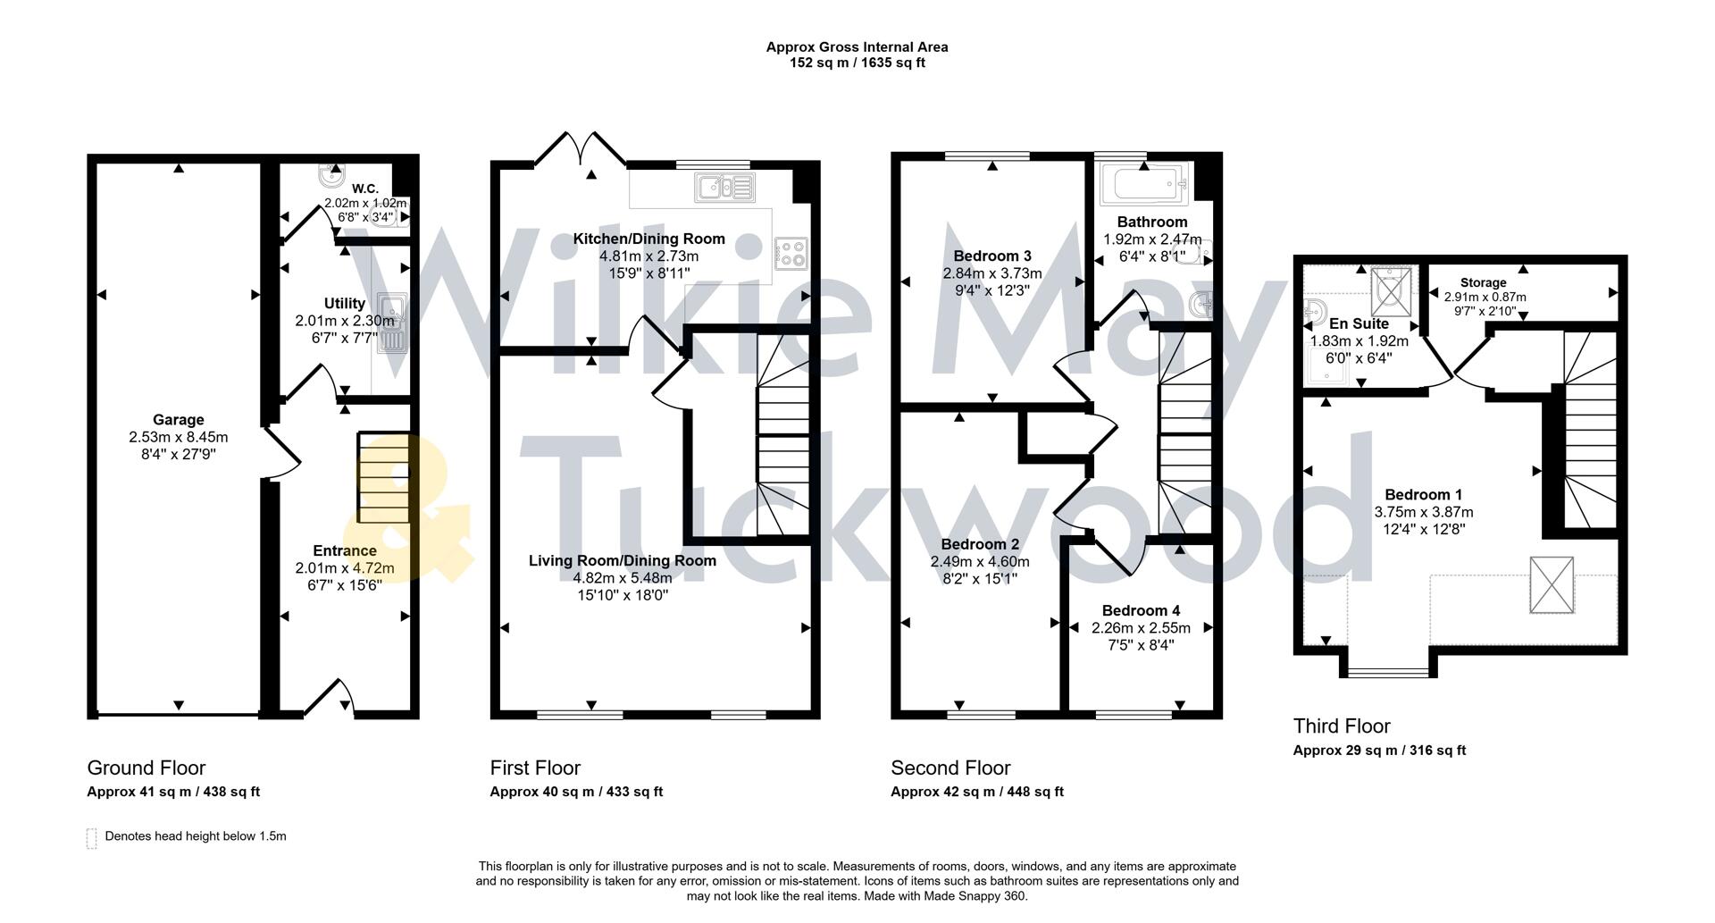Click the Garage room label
(x=179, y=420)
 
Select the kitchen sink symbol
(x=724, y=188)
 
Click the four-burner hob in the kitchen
(x=791, y=253)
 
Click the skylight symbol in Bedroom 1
(x=1552, y=585)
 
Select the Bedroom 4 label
(x=1141, y=610)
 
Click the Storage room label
(x=1483, y=282)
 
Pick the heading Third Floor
(x=1342, y=726)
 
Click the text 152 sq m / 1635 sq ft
(x=857, y=63)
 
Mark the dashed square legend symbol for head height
(x=91, y=838)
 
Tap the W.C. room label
(x=364, y=189)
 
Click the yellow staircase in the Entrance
(x=383, y=478)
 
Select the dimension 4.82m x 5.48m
(x=623, y=578)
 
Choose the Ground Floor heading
(x=146, y=768)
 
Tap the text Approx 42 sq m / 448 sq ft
(x=977, y=792)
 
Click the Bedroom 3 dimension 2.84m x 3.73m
(x=991, y=273)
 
